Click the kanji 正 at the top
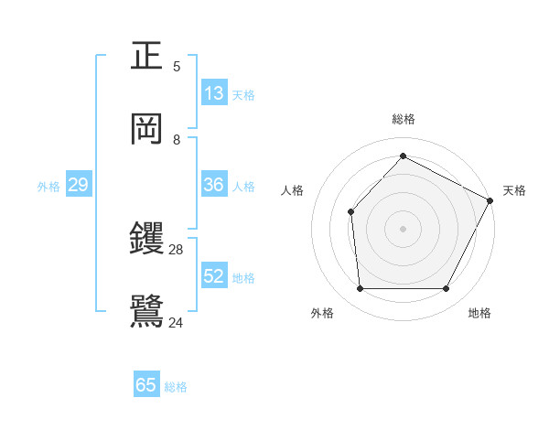(147, 57)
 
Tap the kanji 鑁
(147, 239)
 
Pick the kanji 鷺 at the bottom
(147, 310)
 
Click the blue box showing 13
(214, 92)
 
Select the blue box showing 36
(214, 185)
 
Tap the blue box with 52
(214, 276)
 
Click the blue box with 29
(79, 185)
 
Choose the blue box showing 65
(146, 385)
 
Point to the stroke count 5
(177, 66)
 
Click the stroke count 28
(177, 249)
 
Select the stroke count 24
(177, 321)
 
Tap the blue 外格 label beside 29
(48, 186)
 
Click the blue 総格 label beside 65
(176, 387)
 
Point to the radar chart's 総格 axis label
(403, 119)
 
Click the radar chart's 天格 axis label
(514, 190)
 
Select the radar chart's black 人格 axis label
(292, 190)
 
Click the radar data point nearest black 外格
(360, 289)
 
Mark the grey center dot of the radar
(403, 228)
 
